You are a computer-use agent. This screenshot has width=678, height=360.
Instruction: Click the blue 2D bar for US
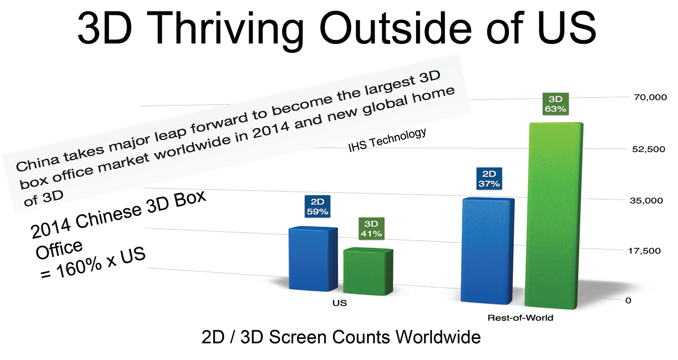313,259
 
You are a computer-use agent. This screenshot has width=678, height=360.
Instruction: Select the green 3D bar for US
368,271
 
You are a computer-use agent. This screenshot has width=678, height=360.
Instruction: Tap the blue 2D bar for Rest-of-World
487,251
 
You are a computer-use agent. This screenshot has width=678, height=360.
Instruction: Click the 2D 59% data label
317,207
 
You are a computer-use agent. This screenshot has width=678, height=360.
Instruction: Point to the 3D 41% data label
371,229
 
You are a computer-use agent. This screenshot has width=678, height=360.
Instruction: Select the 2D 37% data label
489,179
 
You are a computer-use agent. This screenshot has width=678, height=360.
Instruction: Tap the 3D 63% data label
556,104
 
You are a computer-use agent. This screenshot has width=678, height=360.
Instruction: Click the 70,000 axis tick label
650,97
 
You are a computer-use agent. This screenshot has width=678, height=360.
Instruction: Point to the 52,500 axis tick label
648,149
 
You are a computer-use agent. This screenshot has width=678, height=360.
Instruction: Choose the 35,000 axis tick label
646,201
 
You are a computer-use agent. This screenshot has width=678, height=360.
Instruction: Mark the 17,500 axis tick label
644,251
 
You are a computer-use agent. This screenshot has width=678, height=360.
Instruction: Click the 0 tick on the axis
628,300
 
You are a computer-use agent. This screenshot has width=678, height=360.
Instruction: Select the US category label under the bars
339,303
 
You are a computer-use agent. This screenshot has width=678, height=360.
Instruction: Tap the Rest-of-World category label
520,318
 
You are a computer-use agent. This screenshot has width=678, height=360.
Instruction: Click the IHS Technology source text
387,140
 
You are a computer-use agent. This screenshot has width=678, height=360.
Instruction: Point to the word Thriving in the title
227,29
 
